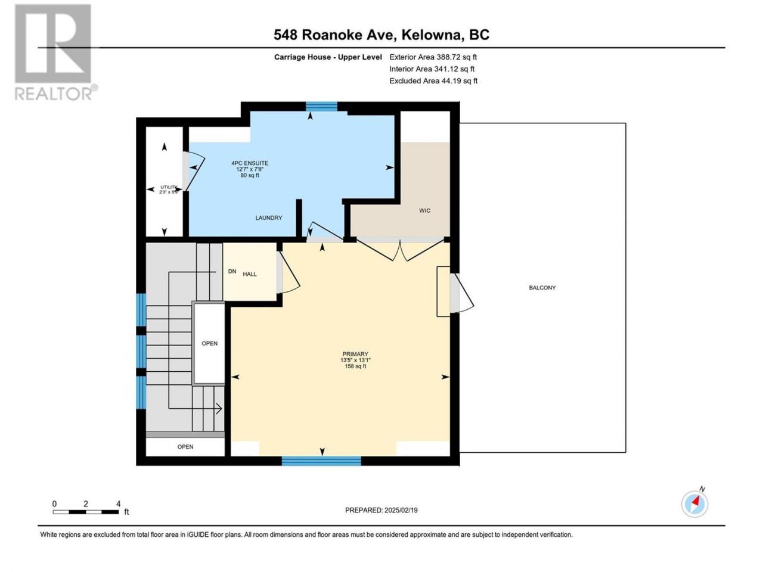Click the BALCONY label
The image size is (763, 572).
(542, 288)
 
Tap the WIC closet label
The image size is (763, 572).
(424, 210)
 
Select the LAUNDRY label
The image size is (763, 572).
(268, 217)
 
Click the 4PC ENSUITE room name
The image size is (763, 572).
(250, 163)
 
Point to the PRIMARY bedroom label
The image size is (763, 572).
(355, 354)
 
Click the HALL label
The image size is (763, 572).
(250, 274)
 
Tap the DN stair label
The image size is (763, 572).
(232, 271)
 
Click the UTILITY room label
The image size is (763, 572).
(169, 187)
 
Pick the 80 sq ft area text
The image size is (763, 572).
(250, 175)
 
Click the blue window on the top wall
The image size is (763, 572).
(321, 106)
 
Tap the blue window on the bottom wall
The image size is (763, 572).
(321, 461)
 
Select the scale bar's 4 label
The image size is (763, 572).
(119, 504)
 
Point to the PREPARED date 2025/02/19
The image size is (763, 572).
(401, 510)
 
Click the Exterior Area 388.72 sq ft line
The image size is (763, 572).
(433, 57)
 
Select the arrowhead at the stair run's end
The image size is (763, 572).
(219, 408)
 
